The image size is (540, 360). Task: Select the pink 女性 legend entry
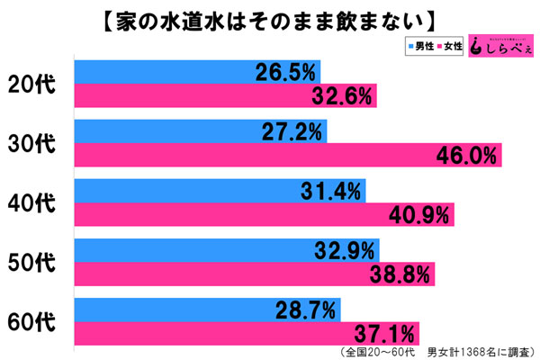pos(452,47)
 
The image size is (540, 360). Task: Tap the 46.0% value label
pos(463,156)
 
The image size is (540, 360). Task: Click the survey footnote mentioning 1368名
pos(432,351)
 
